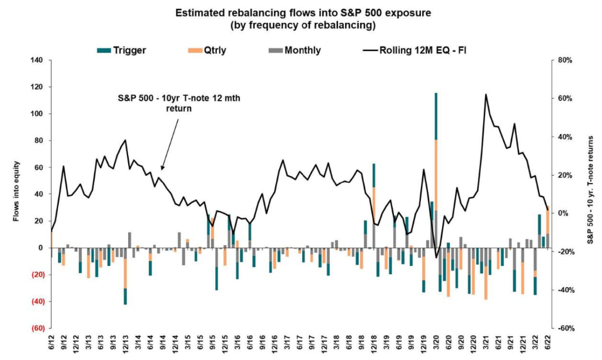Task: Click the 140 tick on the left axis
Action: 38,60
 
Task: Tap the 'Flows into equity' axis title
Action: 18,194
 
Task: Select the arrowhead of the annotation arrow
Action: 161,169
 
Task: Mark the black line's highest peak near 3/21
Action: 486,94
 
